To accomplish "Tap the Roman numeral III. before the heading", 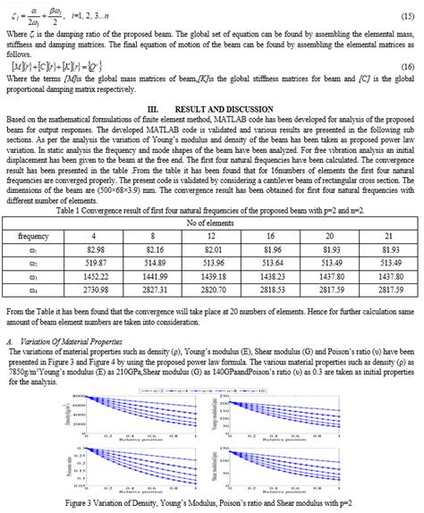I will [x=152, y=106].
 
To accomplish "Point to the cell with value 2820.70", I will [x=213, y=290].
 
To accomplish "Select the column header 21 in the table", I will [x=390, y=236].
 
